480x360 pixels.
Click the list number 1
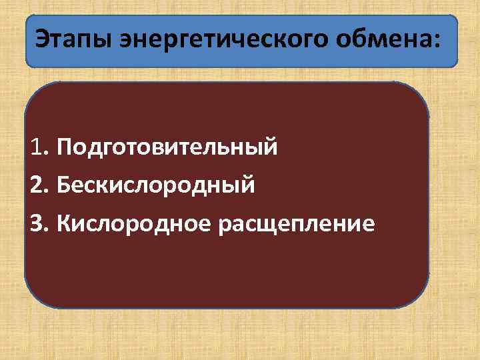tap(36, 146)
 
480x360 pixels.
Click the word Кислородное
tap(133, 223)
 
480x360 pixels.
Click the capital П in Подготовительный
tap(65, 146)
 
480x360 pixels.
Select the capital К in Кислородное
tap(64, 223)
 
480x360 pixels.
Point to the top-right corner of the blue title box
tap(454, 19)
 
